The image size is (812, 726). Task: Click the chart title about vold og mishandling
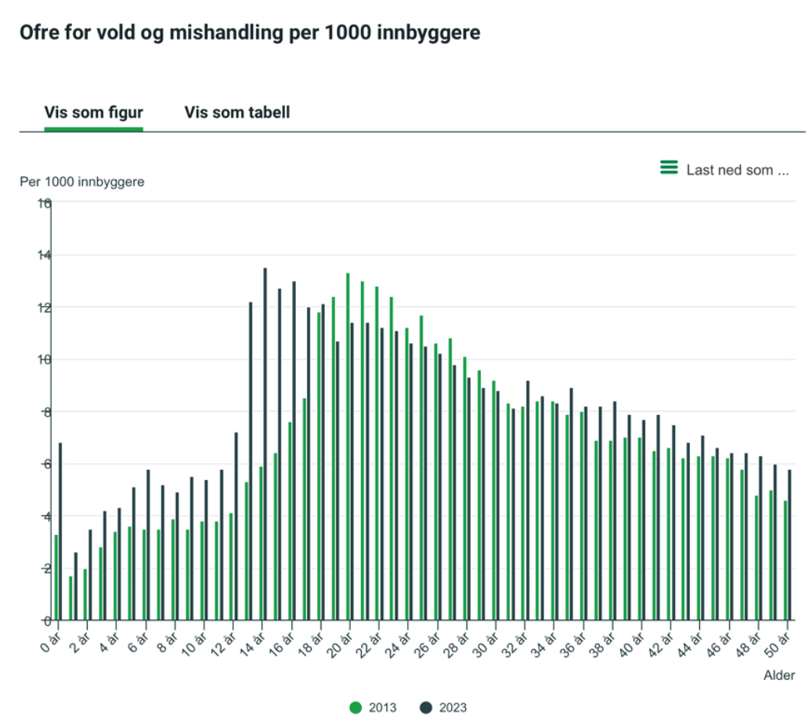click(250, 33)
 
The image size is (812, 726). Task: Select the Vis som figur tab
click(93, 112)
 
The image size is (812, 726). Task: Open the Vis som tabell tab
click(237, 112)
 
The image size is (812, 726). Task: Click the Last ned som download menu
click(725, 169)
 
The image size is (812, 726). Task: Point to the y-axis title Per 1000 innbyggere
click(82, 182)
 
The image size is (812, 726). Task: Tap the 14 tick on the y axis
click(44, 255)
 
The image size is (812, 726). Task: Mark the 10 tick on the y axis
click(44, 359)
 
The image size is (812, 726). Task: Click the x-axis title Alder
click(779, 675)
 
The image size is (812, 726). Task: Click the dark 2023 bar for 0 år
click(60, 533)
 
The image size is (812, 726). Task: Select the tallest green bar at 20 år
click(348, 446)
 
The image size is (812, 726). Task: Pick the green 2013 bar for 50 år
click(785, 560)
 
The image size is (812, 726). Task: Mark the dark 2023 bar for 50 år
click(790, 545)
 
